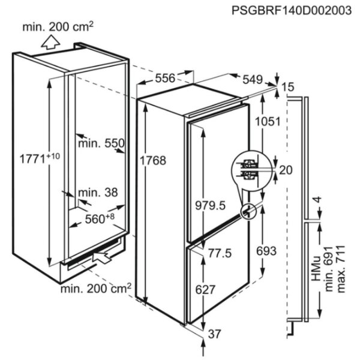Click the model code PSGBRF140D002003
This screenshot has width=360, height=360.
pyautogui.click(x=292, y=11)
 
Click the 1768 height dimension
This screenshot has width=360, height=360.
pyautogui.click(x=153, y=160)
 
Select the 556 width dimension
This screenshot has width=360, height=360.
pyautogui.click(x=165, y=78)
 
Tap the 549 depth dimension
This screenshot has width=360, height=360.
pyautogui.click(x=253, y=80)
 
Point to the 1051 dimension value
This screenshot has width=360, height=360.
pyautogui.click(x=268, y=121)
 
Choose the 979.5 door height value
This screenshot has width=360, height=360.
pyautogui.click(x=211, y=205)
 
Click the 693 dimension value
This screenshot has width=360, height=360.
pyautogui.click(x=266, y=251)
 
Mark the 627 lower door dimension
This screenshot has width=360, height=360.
pyautogui.click(x=205, y=290)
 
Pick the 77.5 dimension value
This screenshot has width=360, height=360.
pyautogui.click(x=220, y=253)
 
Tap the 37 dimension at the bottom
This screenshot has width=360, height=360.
pyautogui.click(x=214, y=334)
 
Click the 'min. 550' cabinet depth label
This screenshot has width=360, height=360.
pyautogui.click(x=101, y=143)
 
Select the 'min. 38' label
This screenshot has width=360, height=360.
pyautogui.click(x=98, y=193)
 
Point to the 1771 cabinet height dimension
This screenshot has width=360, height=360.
pyautogui.click(x=40, y=158)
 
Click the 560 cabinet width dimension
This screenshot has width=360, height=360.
pyautogui.click(x=100, y=218)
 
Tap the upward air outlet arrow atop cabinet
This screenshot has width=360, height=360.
pyautogui.click(x=50, y=42)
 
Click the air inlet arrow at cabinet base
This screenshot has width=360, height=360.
pyautogui.click(x=102, y=257)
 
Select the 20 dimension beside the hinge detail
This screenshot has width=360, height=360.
pyautogui.click(x=286, y=170)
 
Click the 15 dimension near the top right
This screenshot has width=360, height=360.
pyautogui.click(x=287, y=87)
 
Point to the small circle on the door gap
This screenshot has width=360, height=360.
pyautogui.click(x=248, y=211)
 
